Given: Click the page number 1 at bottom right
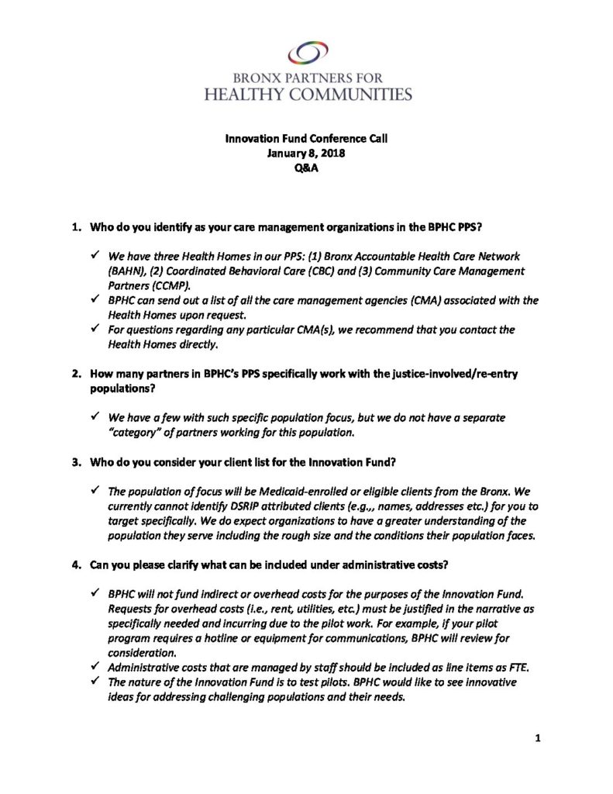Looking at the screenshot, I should [x=536, y=738].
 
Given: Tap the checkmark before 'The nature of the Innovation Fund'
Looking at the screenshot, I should [x=95, y=682].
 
